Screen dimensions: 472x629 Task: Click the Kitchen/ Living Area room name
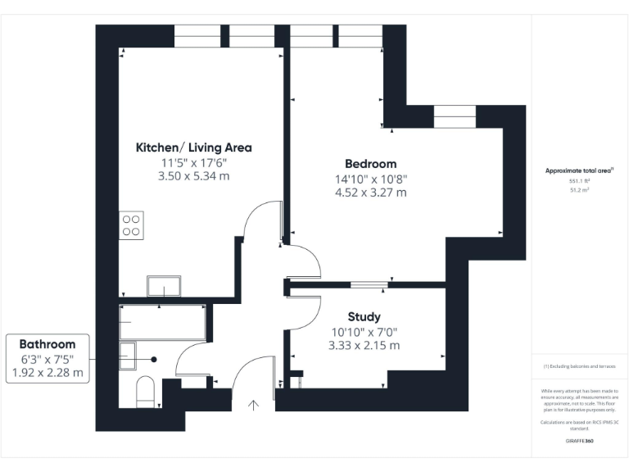coord(193,147)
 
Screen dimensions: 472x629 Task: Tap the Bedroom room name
coord(370,164)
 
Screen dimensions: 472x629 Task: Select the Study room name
coord(364,317)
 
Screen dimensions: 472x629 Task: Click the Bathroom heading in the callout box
coord(48,344)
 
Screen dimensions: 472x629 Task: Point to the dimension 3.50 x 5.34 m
coord(193,176)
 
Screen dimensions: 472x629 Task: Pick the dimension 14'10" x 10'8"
coord(370,179)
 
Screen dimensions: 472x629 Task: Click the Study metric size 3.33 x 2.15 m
coord(364,346)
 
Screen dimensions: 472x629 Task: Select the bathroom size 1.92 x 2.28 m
coord(48,373)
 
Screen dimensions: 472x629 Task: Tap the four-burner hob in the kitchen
coord(132,225)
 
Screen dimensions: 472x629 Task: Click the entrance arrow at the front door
coord(254,404)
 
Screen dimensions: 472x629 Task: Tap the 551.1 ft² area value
coord(579,181)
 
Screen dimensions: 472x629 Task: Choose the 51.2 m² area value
coord(579,189)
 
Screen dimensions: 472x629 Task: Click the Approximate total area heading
coord(579,170)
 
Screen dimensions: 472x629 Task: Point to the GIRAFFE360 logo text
coord(579,441)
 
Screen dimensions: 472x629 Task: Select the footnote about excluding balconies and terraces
coord(579,366)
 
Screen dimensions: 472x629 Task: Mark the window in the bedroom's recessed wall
coord(454,117)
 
